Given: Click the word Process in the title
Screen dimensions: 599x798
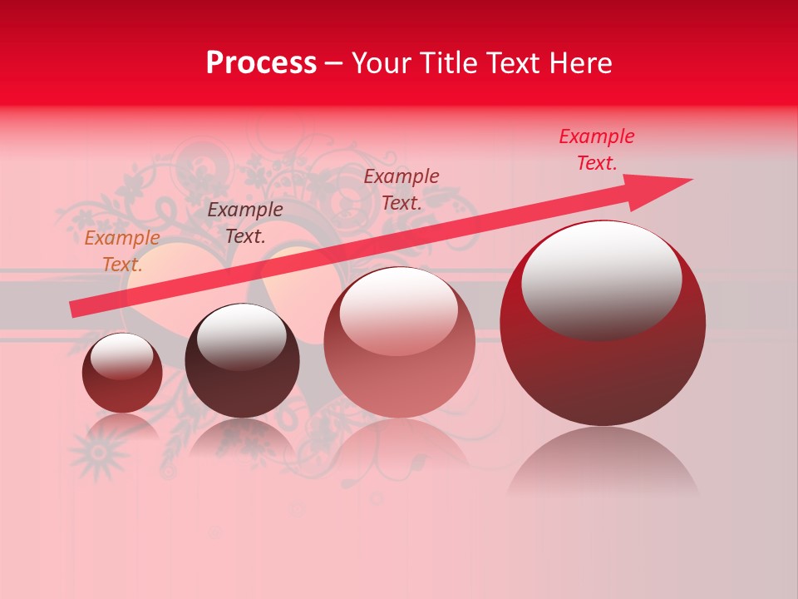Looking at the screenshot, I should (x=261, y=63).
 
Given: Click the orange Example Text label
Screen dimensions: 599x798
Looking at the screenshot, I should (x=121, y=250).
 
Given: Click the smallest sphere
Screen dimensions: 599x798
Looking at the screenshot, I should (x=122, y=373).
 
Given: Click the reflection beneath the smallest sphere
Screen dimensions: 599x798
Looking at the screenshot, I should (x=122, y=428).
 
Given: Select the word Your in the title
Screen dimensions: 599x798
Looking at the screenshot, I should (x=379, y=63).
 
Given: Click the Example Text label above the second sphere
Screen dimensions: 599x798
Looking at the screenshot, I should (x=245, y=222).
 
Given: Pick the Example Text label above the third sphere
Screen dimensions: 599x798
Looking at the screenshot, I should (x=401, y=189).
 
